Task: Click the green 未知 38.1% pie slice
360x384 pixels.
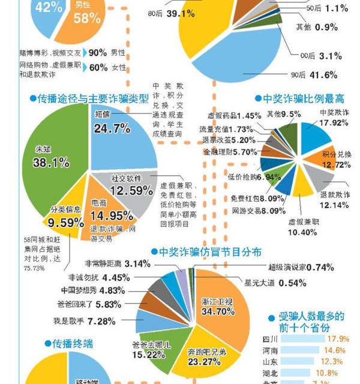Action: [x=51, y=162]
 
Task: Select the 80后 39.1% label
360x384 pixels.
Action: [x=169, y=13]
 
